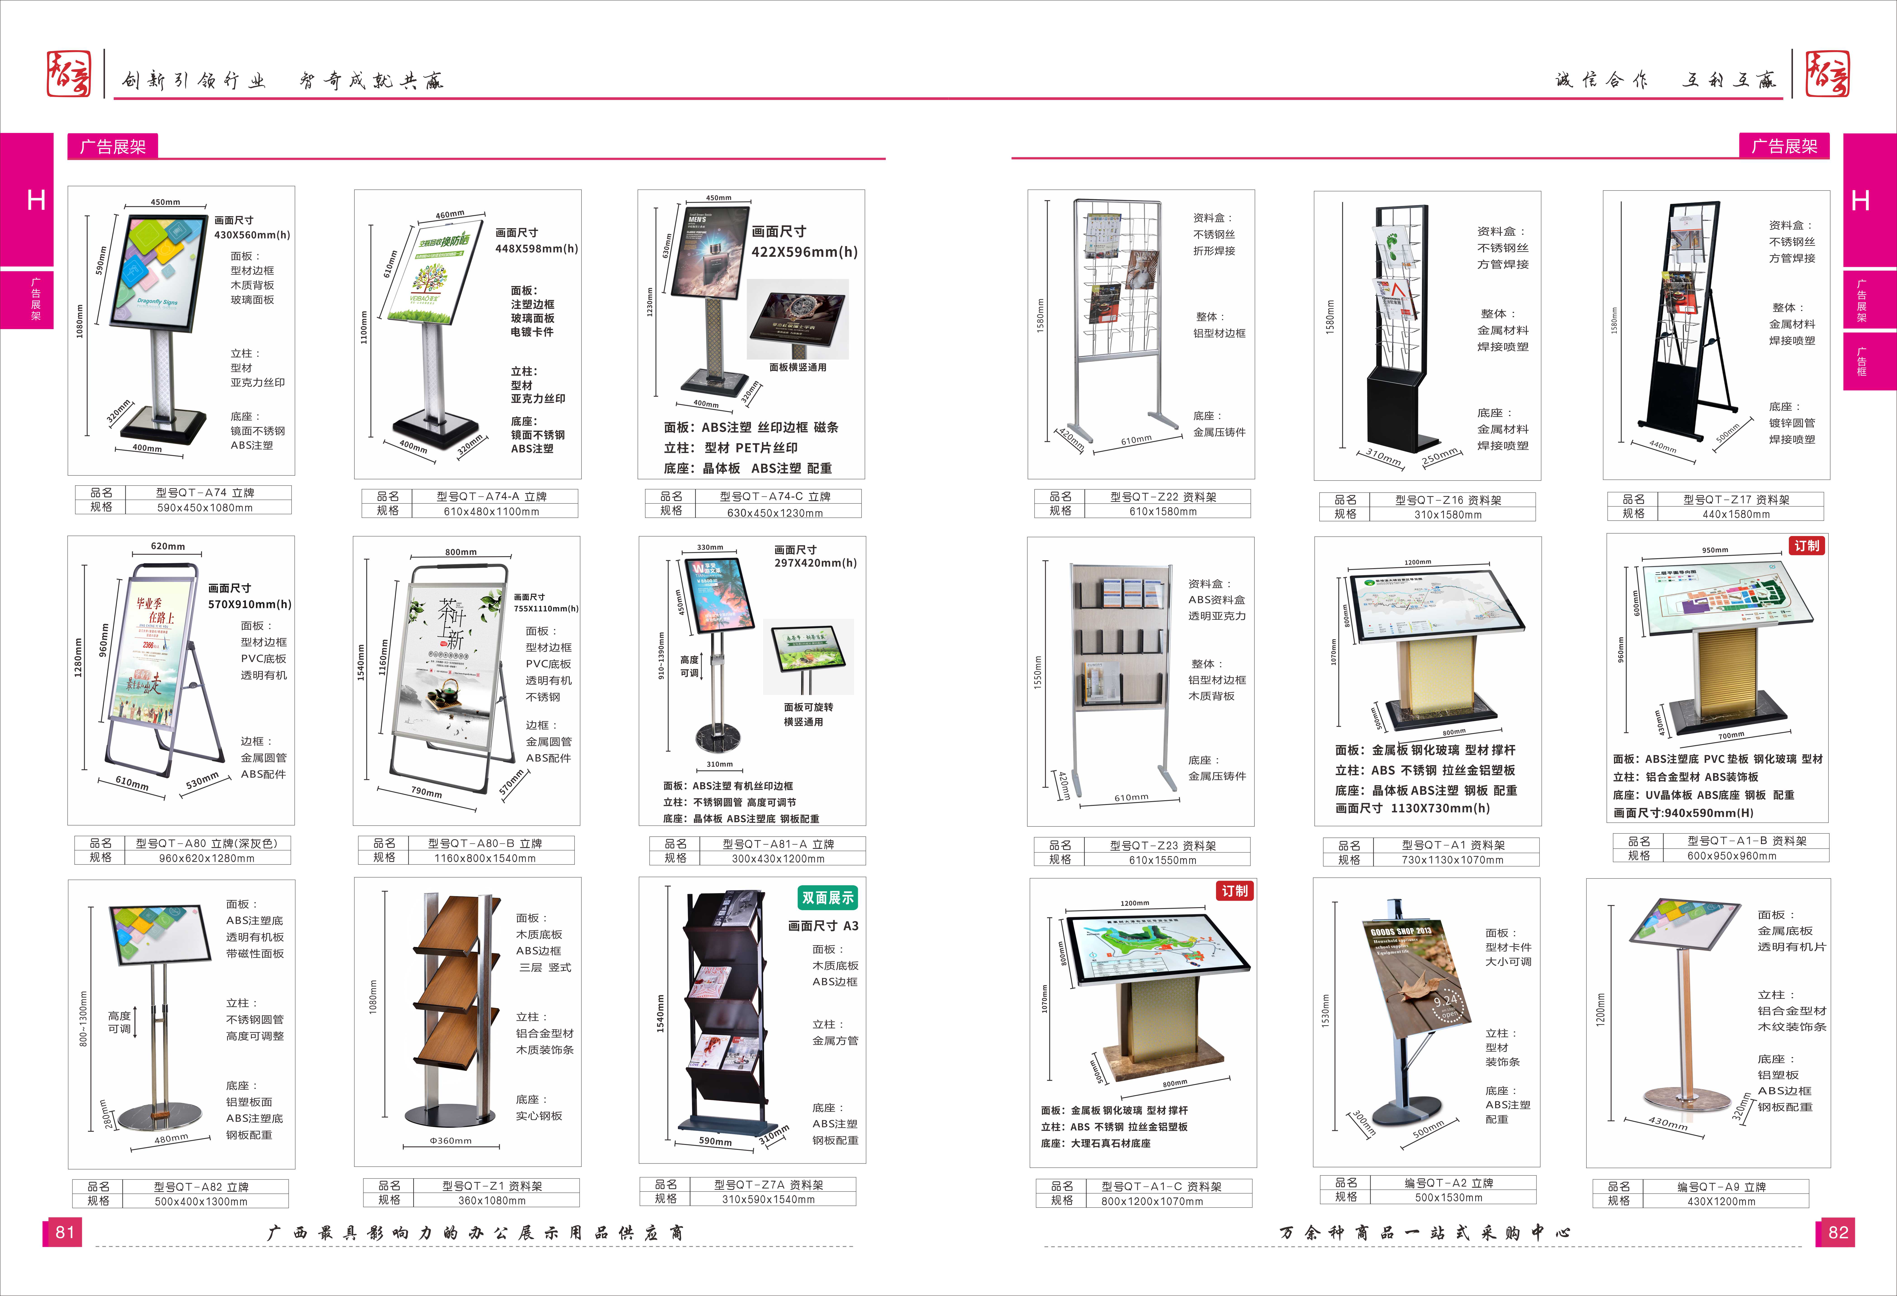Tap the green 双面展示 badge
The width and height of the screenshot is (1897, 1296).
click(827, 898)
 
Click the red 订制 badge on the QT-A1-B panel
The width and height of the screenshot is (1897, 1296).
click(1806, 546)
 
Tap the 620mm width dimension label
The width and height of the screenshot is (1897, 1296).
click(167, 546)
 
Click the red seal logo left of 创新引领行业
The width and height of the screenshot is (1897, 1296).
click(69, 74)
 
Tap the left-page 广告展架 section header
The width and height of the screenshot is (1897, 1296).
click(113, 147)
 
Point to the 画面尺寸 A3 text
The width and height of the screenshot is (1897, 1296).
click(823, 926)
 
